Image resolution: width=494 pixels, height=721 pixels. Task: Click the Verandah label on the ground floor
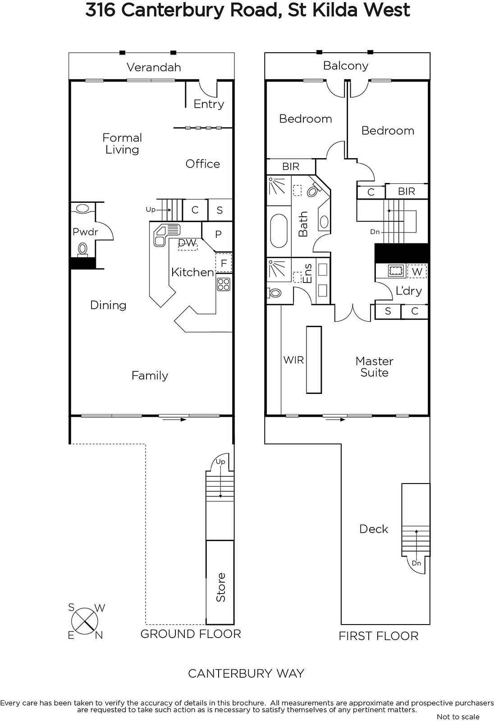(x=154, y=67)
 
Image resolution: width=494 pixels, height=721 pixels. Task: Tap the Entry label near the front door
(x=209, y=104)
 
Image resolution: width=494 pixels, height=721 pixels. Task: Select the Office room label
(x=202, y=164)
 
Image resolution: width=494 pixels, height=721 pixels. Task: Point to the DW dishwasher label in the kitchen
(x=187, y=243)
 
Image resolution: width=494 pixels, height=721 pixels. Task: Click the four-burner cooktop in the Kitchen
(x=224, y=284)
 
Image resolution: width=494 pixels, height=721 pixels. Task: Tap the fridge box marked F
(x=224, y=263)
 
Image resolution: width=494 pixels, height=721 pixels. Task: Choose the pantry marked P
(x=218, y=234)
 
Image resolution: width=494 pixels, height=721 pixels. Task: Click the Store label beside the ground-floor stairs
(x=220, y=587)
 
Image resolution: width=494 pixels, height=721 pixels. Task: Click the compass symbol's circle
(x=85, y=621)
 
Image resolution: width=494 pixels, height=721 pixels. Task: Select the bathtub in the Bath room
(x=279, y=230)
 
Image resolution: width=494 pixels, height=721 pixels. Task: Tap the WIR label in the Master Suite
(x=293, y=360)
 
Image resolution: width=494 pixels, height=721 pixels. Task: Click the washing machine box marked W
(x=417, y=271)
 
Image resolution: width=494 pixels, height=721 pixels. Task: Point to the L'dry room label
(x=409, y=291)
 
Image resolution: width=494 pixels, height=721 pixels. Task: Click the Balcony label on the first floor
(x=346, y=66)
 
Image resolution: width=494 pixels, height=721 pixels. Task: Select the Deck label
(x=374, y=529)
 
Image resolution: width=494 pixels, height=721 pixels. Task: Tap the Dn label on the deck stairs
(x=416, y=563)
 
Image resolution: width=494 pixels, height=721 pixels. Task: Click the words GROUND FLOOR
(x=191, y=634)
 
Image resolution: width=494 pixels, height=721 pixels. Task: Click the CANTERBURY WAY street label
(x=246, y=673)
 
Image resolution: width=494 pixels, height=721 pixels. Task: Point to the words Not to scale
(x=458, y=716)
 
